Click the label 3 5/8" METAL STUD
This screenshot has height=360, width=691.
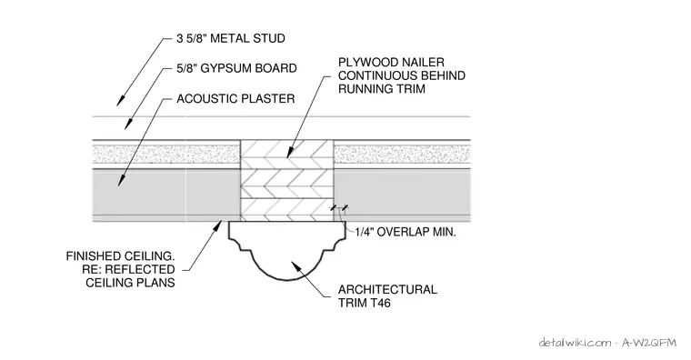point(230,38)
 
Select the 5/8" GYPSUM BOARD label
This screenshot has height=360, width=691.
point(236,68)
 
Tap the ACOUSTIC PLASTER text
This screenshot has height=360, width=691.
point(235,98)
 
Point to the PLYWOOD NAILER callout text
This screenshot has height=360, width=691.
point(402,75)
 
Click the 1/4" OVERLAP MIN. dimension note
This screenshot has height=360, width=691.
point(406,232)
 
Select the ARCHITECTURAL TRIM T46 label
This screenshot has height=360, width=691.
point(387,296)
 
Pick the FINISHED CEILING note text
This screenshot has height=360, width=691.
point(120,269)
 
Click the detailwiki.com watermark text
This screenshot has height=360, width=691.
point(575,343)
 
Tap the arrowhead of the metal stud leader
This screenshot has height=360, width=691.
point(119,101)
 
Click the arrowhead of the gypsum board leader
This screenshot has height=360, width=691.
point(128,124)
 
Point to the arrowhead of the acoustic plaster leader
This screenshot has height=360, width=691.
point(121,180)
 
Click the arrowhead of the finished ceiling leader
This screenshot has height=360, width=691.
point(217,225)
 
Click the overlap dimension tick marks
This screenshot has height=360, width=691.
point(339,207)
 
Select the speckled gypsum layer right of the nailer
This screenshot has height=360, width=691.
point(402,155)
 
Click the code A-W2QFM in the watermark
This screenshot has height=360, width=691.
point(648,343)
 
